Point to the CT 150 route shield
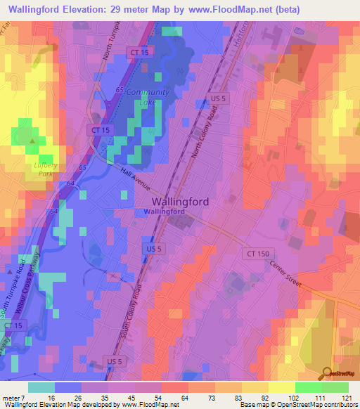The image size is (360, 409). pos(257,253)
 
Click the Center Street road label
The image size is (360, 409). pos(285,275)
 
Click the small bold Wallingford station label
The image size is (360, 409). pos(162,212)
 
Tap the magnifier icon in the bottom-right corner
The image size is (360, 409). pos(327,374)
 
